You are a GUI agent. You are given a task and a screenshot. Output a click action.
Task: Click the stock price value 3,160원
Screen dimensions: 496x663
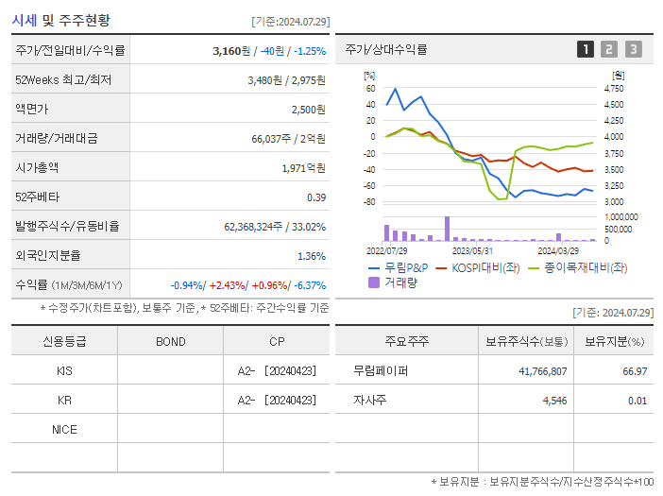(x=234, y=50)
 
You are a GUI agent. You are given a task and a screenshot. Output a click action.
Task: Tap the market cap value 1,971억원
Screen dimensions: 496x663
(x=303, y=168)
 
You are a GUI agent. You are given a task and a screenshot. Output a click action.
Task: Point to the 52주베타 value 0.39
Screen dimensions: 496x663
(x=315, y=197)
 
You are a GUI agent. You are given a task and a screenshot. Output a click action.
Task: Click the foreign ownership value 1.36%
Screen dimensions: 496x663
(x=311, y=256)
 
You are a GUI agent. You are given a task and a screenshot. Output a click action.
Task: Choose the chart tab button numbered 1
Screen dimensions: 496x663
(x=586, y=49)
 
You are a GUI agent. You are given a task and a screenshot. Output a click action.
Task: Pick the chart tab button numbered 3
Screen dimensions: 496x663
(x=633, y=49)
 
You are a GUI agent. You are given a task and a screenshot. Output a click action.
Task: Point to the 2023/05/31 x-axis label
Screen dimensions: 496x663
(x=473, y=250)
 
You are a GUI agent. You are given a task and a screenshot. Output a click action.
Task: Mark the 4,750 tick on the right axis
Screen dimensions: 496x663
(x=614, y=89)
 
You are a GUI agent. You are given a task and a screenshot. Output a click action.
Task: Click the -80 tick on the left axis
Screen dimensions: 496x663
(x=368, y=202)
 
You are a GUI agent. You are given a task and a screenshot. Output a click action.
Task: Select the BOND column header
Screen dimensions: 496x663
(x=170, y=342)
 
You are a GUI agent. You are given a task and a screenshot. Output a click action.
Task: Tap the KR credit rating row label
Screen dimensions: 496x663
(x=64, y=401)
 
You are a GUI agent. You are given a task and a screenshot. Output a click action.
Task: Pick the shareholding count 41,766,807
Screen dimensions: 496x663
(x=542, y=371)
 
